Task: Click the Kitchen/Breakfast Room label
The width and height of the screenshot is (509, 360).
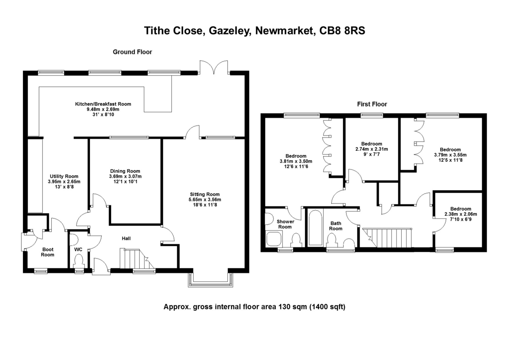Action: (x=103, y=104)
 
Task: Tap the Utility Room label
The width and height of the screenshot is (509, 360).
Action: (x=64, y=176)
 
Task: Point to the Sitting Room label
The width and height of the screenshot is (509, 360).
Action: (x=205, y=194)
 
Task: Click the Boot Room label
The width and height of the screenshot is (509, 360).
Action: (x=48, y=252)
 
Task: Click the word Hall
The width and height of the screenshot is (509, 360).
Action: (x=126, y=239)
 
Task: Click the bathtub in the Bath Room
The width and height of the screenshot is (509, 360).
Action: (x=314, y=228)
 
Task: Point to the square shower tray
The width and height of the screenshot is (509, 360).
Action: (x=274, y=239)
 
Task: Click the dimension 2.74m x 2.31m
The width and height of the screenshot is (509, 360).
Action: (x=372, y=149)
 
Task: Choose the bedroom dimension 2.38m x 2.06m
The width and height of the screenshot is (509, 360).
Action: (x=461, y=215)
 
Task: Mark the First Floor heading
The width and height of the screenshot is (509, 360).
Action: (x=372, y=104)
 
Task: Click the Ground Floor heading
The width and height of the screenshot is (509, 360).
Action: (x=132, y=52)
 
